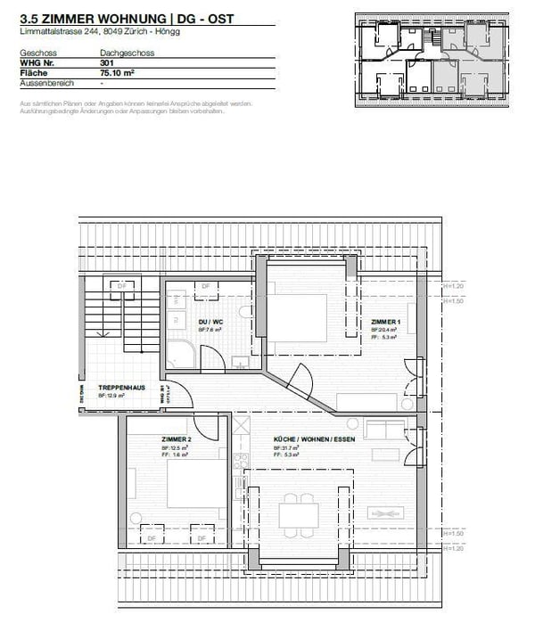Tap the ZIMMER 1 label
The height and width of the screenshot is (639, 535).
tap(386, 322)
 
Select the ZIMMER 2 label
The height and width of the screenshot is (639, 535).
tap(177, 440)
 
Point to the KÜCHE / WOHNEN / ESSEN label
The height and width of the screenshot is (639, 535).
tap(304, 440)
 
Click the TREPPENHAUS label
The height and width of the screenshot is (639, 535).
tap(116, 389)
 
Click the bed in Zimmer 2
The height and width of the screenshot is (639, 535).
tap(196, 486)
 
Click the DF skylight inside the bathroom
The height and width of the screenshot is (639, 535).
tap(205, 286)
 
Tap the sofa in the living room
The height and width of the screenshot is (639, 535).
tap(384, 430)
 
